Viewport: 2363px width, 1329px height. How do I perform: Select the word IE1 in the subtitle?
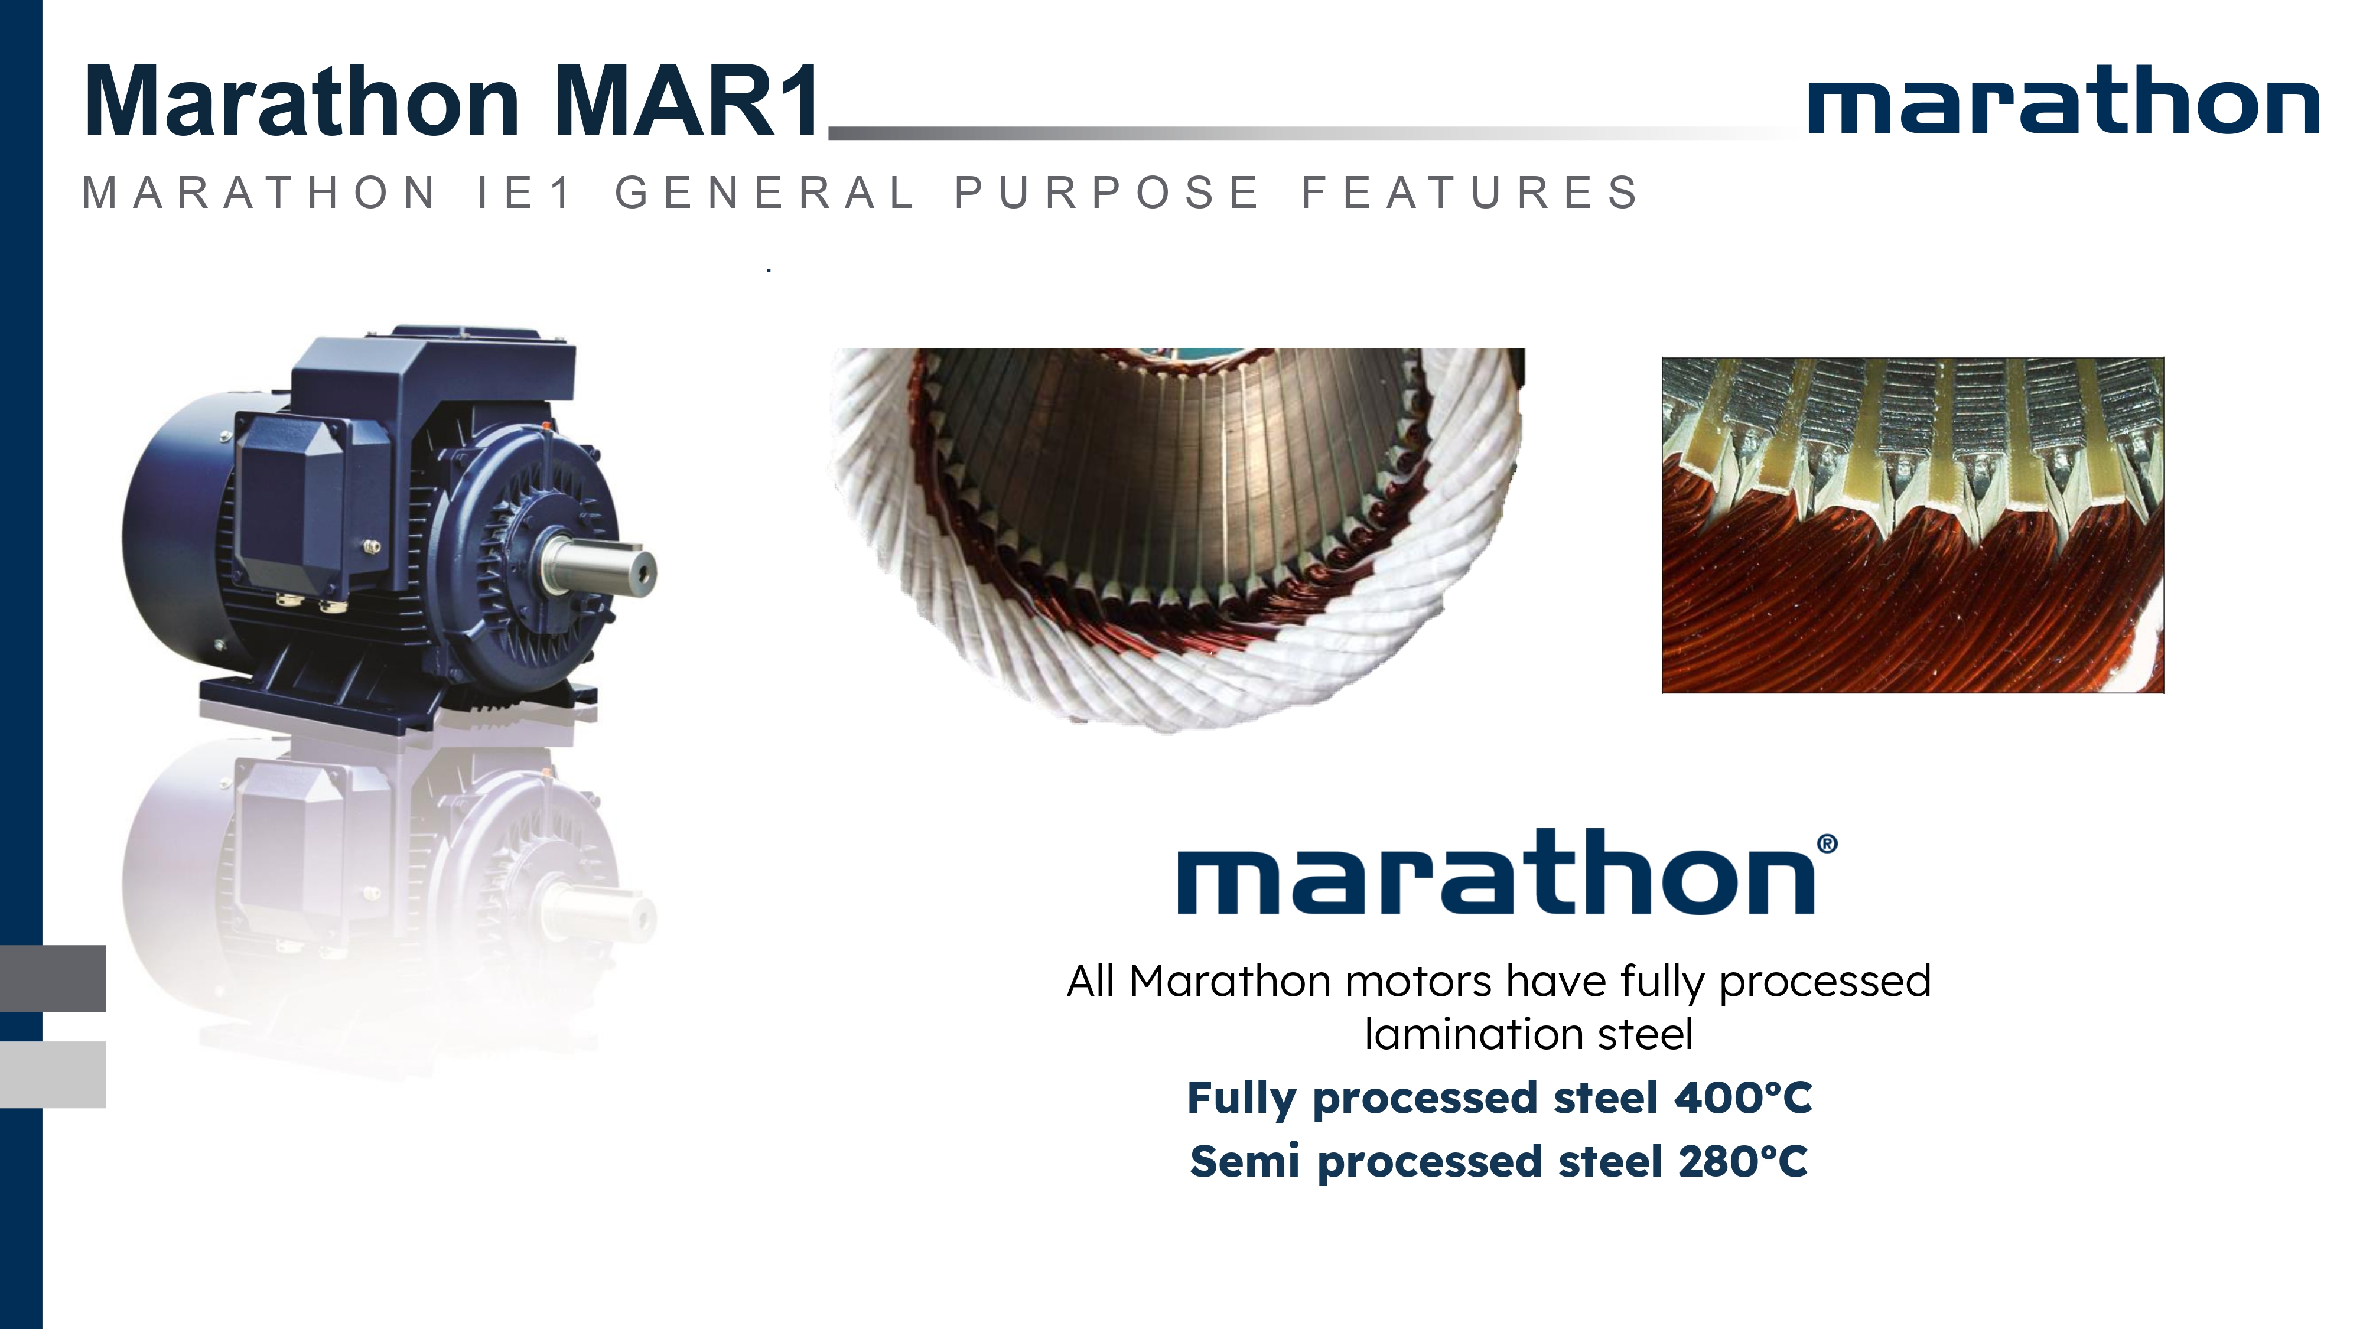[525, 193]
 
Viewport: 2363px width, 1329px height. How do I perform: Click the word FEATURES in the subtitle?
[1470, 193]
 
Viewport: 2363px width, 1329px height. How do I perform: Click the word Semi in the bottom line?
[1245, 1161]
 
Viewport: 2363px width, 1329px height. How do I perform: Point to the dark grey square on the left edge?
[53, 978]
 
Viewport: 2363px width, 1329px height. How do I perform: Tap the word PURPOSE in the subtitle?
[1107, 193]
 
